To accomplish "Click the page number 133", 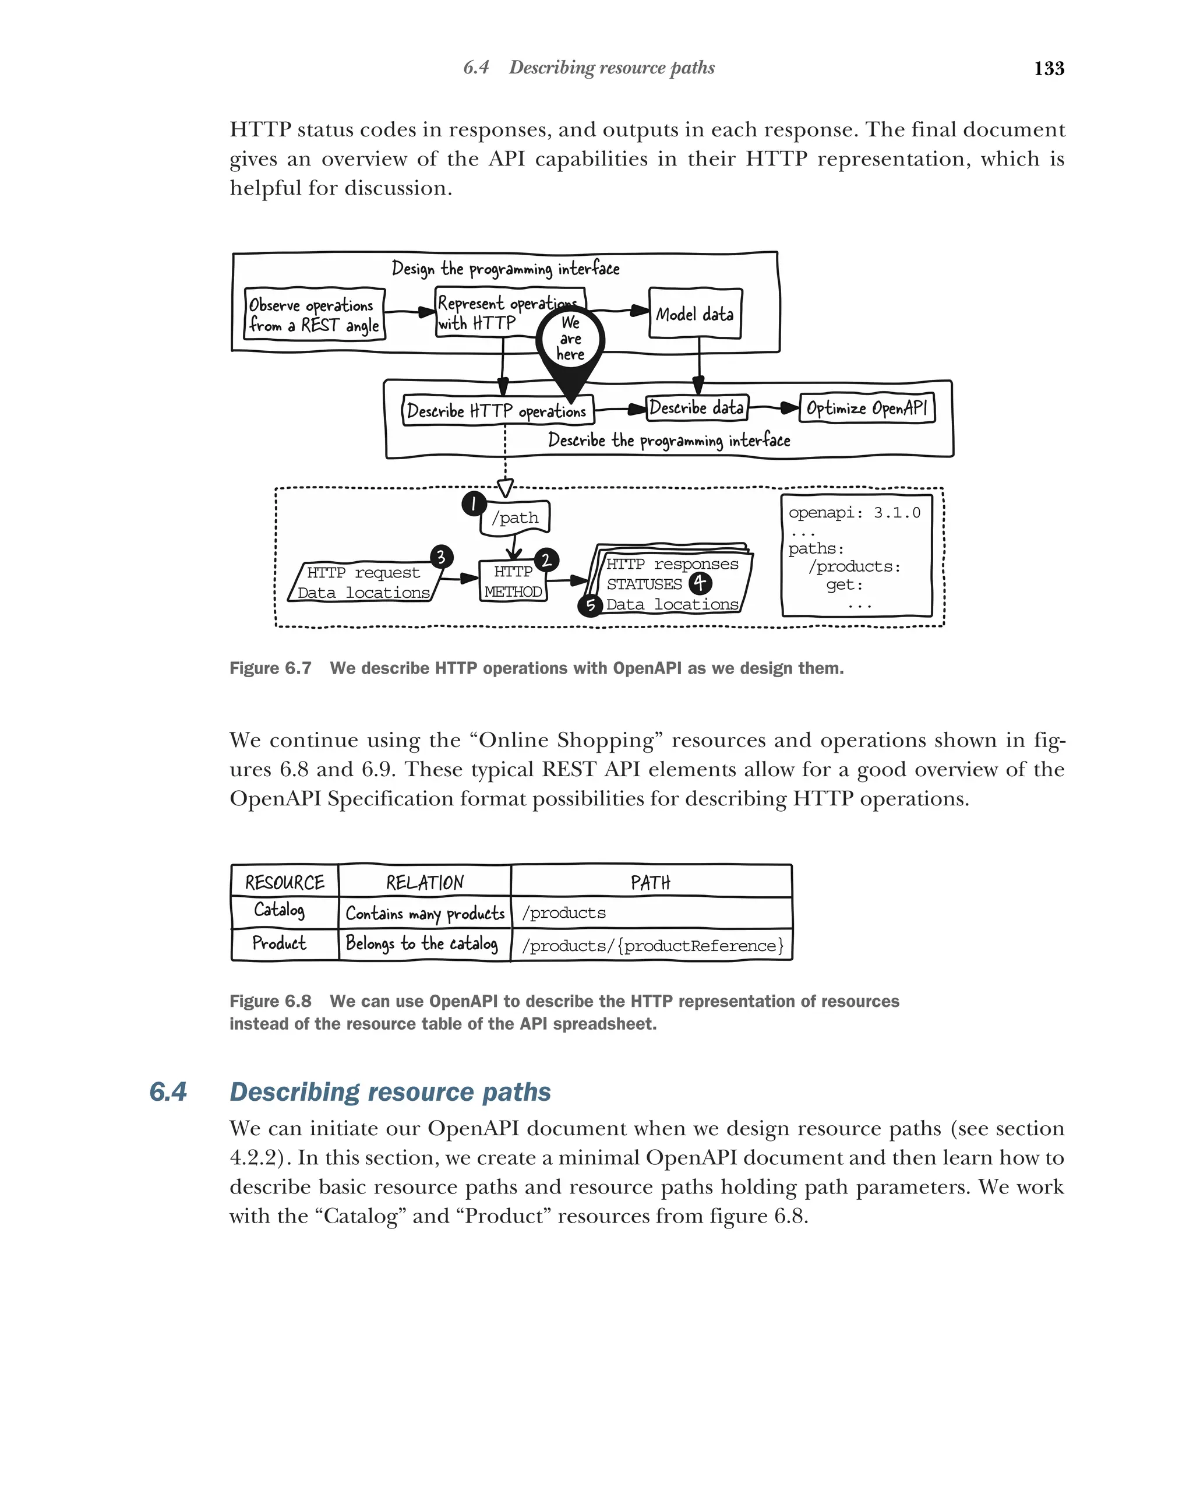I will tap(1048, 68).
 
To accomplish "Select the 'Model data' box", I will tap(695, 315).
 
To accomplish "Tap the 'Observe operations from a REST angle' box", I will tap(314, 315).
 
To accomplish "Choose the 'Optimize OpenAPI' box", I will tap(866, 408).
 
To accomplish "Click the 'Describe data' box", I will tap(696, 407).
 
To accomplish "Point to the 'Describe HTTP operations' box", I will tap(497, 411).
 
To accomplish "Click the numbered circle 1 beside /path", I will tap(474, 503).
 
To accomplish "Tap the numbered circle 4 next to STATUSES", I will tap(700, 583).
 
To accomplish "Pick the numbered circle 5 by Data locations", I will tap(590, 605).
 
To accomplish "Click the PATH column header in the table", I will tap(650, 882).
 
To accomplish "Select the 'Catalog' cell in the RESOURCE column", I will tap(279, 910).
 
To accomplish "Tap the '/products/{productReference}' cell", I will tap(652, 946).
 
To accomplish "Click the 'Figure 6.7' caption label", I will tap(270, 668).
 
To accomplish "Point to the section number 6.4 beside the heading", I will tap(167, 1091).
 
